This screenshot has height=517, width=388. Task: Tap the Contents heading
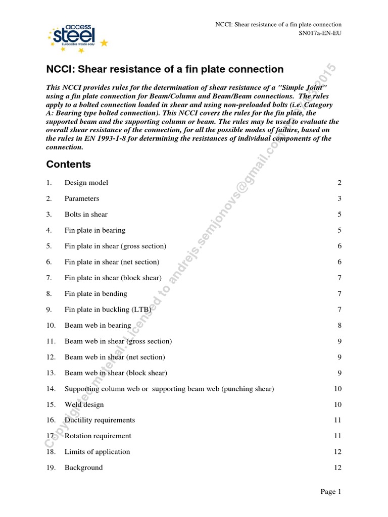click(x=68, y=165)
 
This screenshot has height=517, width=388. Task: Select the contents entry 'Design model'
click(x=86, y=183)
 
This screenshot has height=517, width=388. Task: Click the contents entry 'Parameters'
click(x=82, y=198)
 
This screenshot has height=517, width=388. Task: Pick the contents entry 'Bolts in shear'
click(x=86, y=215)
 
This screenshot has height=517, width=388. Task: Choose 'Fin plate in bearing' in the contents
click(x=95, y=230)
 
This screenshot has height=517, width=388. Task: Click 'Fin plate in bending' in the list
click(x=96, y=293)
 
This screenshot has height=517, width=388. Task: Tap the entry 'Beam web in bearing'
click(x=98, y=325)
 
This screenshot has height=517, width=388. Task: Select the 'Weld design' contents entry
click(x=84, y=404)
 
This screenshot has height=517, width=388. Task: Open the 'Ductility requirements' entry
click(x=100, y=420)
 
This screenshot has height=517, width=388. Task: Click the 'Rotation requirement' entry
click(x=98, y=436)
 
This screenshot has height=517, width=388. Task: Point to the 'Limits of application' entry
click(x=97, y=452)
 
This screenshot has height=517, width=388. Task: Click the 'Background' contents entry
click(x=83, y=468)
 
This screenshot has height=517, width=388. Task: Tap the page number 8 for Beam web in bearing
click(x=340, y=325)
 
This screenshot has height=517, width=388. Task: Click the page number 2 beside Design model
click(x=340, y=183)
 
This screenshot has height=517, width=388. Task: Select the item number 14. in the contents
click(x=51, y=389)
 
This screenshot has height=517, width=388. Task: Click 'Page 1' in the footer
click(x=331, y=492)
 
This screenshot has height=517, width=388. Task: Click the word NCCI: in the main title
click(x=62, y=69)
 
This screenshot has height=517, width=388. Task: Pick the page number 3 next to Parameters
click(x=340, y=198)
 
